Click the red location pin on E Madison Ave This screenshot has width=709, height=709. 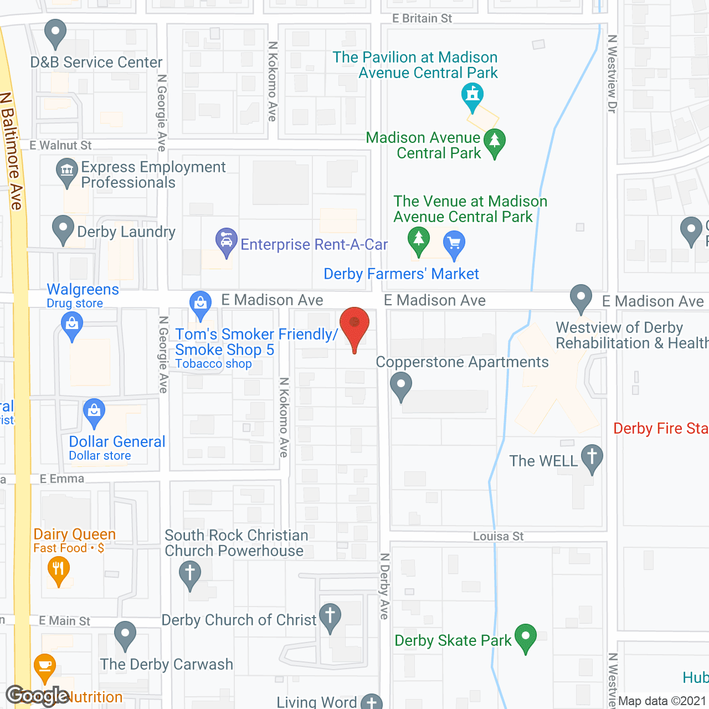coord(354,324)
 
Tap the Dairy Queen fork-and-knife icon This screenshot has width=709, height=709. coord(58,569)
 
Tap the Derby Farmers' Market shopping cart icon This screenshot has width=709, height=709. coord(454,243)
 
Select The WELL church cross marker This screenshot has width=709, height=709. coord(592,458)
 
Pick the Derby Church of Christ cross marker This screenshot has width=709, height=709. coord(330,616)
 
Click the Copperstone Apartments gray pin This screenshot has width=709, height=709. coord(401,384)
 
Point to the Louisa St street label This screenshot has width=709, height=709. coord(498,536)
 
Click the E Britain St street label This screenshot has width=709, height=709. coord(422,18)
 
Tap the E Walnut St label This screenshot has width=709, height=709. coord(60,145)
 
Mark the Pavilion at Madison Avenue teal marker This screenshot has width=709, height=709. coord(472,95)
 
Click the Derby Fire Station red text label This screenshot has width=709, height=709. coord(660,428)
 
